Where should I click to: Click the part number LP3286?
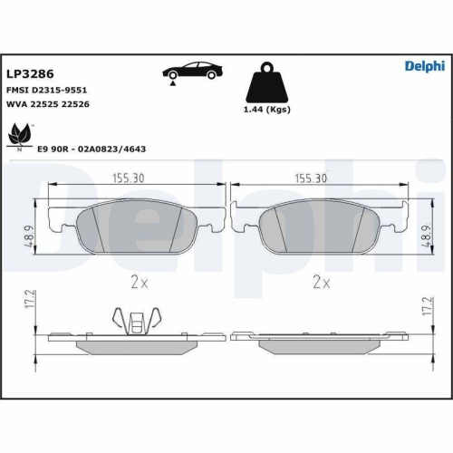(x=30, y=73)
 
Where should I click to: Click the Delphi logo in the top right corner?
(x=425, y=66)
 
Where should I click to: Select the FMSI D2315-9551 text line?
(x=47, y=90)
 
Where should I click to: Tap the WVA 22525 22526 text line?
(x=48, y=104)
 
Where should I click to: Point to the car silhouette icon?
(x=193, y=72)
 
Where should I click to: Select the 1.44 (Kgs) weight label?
(x=267, y=110)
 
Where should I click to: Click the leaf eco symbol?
(x=20, y=134)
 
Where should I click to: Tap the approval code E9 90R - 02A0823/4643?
(x=92, y=149)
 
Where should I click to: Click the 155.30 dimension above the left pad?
(x=129, y=178)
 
